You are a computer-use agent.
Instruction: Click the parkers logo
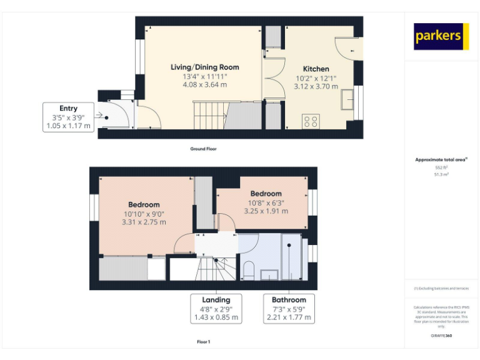click(441, 36)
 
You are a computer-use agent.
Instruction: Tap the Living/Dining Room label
click(205, 67)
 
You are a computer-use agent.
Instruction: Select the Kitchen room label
click(316, 69)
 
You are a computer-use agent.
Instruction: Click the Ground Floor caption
click(204, 149)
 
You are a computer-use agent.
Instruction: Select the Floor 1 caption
click(204, 342)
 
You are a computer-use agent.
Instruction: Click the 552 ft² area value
click(441, 168)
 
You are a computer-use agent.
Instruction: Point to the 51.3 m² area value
click(441, 175)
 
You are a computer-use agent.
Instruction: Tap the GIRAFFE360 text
click(441, 336)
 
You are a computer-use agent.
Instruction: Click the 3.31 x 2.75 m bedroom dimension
click(144, 222)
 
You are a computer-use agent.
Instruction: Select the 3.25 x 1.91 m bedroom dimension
click(266, 211)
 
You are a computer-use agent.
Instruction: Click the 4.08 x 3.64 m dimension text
click(205, 84)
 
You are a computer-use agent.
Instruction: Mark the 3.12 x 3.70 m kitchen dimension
click(316, 87)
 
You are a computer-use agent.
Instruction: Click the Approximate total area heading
click(441, 160)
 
